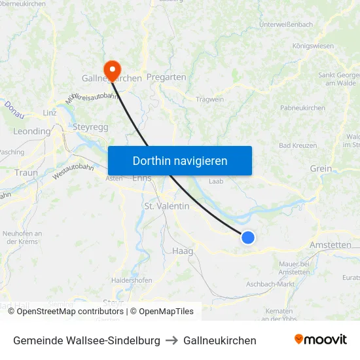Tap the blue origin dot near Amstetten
pyautogui.click(x=248, y=238)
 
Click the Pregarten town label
pyautogui.click(x=166, y=77)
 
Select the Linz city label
pyautogui.click(x=50, y=113)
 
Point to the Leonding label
pyautogui.click(x=31, y=132)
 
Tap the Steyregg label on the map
pyautogui.click(x=90, y=127)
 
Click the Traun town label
pyautogui.click(x=26, y=173)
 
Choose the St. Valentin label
pyautogui.click(x=166, y=206)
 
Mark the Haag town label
pyautogui.click(x=182, y=251)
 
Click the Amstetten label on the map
pyautogui.click(x=329, y=245)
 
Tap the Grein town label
pyautogui.click(x=321, y=169)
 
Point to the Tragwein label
pyautogui.click(x=209, y=99)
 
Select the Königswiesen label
pyautogui.click(x=312, y=46)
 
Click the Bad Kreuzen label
pyautogui.click(x=298, y=145)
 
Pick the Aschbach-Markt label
pyautogui.click(x=270, y=284)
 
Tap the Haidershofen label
pyautogui.click(x=132, y=280)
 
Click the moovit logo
pyautogui.click(x=321, y=340)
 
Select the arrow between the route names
pyautogui.click(x=171, y=340)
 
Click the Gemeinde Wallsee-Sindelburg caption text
pyautogui.click(x=86, y=340)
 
